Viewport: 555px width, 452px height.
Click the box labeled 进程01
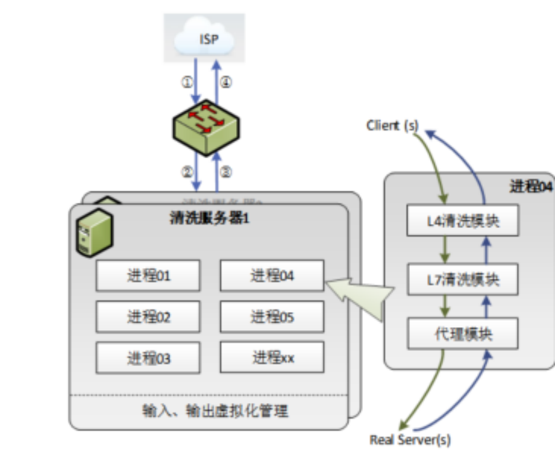(148, 276)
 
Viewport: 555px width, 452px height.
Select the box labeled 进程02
(148, 317)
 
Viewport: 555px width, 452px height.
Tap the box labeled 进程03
(148, 358)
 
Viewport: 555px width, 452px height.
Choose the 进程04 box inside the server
(272, 276)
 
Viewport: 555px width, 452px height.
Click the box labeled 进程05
(272, 317)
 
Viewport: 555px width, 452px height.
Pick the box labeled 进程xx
(272, 358)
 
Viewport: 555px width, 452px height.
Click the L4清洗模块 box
(463, 220)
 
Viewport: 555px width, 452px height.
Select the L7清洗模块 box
(463, 279)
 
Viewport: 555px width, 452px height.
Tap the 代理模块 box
(463, 333)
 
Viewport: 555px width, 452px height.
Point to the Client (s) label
(392, 126)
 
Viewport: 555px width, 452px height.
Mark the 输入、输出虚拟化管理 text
(215, 411)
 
